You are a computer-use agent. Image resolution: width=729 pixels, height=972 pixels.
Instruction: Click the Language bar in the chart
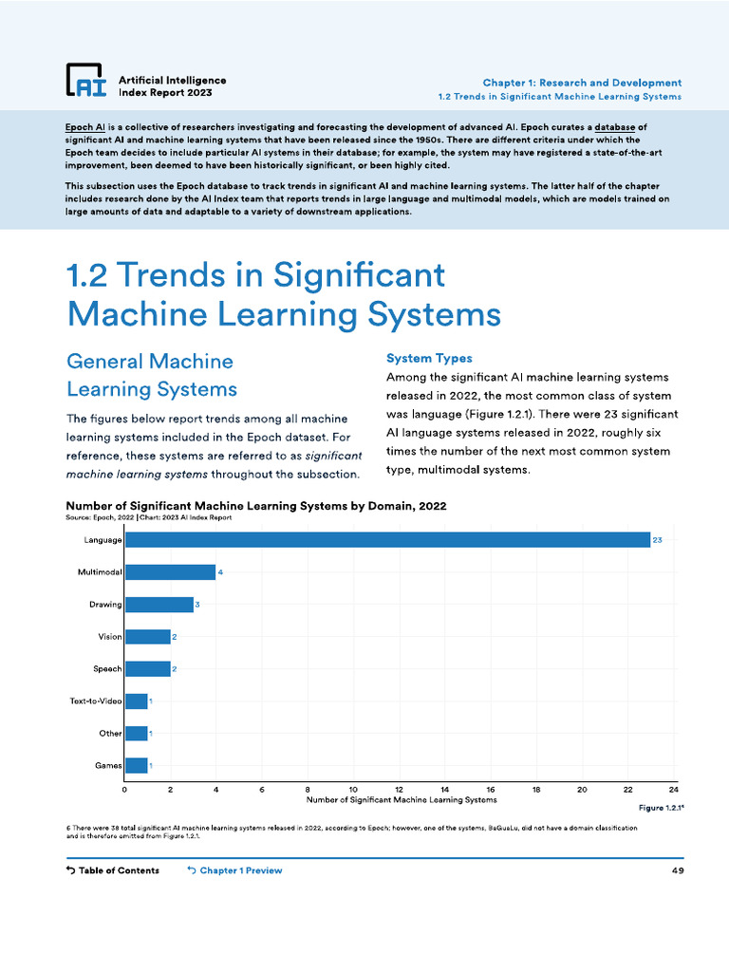pyautogui.click(x=387, y=540)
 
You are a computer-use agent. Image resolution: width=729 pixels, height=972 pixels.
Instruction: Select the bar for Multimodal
pyautogui.click(x=170, y=572)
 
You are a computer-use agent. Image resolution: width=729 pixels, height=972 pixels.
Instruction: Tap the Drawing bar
pyautogui.click(x=159, y=605)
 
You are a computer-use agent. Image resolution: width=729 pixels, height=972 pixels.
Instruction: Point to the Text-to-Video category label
pyautogui.click(x=95, y=701)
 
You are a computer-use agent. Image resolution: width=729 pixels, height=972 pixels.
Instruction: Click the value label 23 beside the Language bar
pyautogui.click(x=657, y=540)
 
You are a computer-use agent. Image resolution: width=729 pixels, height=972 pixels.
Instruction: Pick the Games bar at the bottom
pyautogui.click(x=136, y=765)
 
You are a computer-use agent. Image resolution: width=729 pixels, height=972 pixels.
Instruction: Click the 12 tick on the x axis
pyautogui.click(x=399, y=789)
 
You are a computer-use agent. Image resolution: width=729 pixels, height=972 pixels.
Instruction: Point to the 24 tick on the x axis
pyautogui.click(x=673, y=789)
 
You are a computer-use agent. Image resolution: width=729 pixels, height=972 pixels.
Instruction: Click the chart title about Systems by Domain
pyautogui.click(x=255, y=506)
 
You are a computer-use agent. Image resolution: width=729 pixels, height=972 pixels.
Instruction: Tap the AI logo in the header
pyautogui.click(x=85, y=82)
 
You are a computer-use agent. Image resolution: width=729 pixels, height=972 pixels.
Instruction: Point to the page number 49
pyautogui.click(x=677, y=870)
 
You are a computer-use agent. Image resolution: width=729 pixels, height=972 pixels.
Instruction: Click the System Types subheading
pyautogui.click(x=429, y=358)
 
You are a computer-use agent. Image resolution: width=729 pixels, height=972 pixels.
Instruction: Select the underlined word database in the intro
pyautogui.click(x=621, y=126)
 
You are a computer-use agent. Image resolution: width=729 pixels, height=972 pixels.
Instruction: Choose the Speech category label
pyautogui.click(x=107, y=669)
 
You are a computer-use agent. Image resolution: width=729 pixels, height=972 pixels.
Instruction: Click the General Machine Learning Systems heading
pyautogui.click(x=152, y=375)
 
